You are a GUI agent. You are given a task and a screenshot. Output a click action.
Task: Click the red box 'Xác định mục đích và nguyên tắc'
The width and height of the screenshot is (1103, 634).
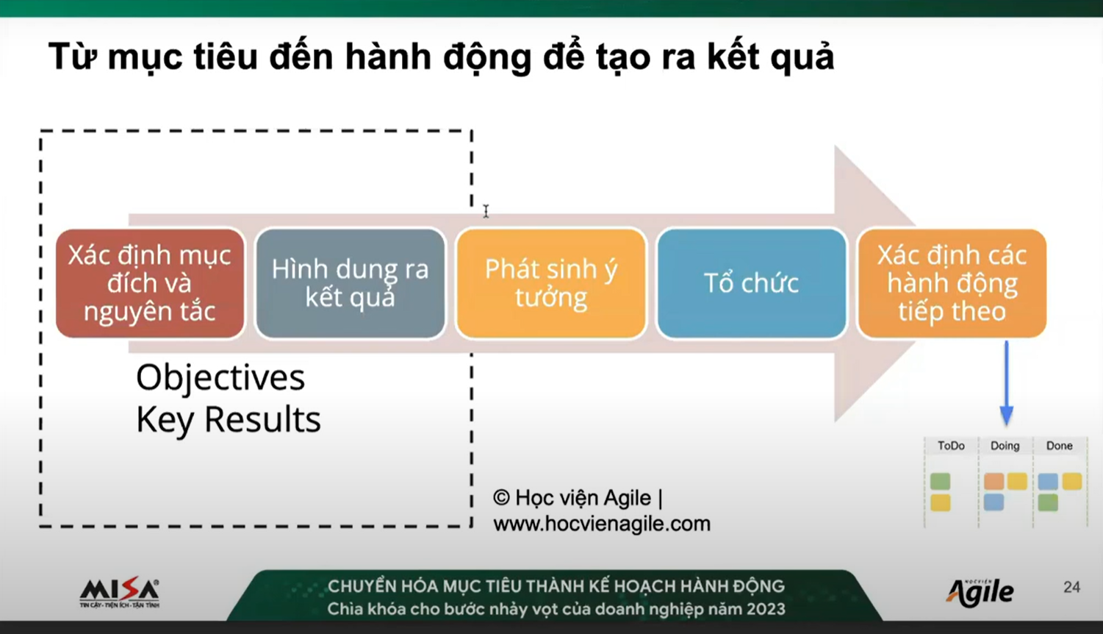tap(150, 283)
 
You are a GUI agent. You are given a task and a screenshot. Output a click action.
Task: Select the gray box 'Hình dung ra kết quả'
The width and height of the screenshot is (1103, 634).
tap(350, 283)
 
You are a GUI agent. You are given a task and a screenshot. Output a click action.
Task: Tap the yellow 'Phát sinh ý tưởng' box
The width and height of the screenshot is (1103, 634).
tap(551, 283)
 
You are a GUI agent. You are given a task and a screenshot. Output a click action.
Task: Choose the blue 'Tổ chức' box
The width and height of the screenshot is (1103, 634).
tap(752, 283)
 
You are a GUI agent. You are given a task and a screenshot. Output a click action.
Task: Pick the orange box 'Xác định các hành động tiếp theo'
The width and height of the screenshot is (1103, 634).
tap(952, 283)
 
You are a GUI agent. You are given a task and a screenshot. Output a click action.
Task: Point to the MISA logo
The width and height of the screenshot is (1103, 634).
tap(119, 592)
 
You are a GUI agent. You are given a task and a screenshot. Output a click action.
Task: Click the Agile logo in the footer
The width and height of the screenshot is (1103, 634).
tap(980, 592)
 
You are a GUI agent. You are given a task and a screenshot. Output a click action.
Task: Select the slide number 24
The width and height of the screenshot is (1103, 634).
tap(1071, 587)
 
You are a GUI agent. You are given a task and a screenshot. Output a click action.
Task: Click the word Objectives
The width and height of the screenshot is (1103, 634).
tap(220, 379)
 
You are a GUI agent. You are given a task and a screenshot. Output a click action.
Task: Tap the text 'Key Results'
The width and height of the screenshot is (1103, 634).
tap(228, 420)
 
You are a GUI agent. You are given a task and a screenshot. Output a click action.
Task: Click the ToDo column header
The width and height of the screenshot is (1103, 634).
tap(951, 446)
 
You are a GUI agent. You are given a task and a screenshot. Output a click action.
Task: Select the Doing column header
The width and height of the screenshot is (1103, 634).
tap(1005, 446)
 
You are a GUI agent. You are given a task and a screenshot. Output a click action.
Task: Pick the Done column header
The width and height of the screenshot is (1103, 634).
tap(1059, 446)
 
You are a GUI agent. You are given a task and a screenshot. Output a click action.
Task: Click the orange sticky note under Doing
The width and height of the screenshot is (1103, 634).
tap(994, 481)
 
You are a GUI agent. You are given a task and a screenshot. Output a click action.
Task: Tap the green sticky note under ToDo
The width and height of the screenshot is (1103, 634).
tap(941, 481)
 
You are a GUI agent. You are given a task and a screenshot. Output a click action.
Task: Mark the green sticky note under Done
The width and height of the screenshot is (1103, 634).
tap(1048, 502)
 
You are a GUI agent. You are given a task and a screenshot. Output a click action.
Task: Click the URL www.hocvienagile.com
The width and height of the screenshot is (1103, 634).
tap(602, 524)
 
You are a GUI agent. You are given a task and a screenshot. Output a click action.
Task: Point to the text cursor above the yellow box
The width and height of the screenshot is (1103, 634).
tap(486, 211)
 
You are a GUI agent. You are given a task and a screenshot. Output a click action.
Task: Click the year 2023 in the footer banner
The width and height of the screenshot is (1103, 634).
tap(766, 609)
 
